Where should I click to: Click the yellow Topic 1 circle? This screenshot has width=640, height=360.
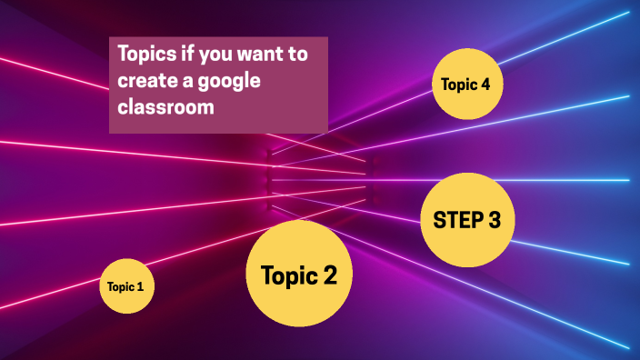(126, 287)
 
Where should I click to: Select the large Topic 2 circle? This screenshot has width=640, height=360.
(299, 273)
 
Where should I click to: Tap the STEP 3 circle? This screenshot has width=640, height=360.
(467, 220)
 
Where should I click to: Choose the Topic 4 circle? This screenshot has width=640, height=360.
(466, 85)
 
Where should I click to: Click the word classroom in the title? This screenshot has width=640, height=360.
(165, 106)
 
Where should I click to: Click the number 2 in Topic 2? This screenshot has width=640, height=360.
(329, 275)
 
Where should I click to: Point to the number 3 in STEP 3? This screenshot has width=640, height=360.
(494, 220)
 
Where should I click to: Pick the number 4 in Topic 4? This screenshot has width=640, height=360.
(486, 85)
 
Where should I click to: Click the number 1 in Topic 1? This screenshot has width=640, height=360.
(140, 287)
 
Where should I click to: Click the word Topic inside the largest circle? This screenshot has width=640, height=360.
(288, 275)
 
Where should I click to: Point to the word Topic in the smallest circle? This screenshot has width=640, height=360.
(120, 287)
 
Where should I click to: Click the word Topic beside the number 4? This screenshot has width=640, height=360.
(459, 85)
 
